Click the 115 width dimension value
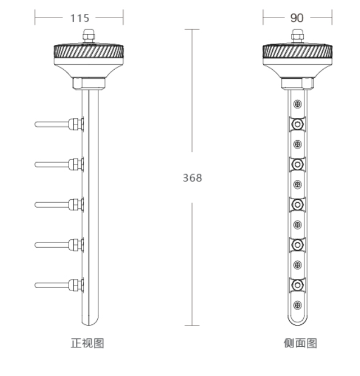(x=79, y=18)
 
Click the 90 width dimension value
(x=297, y=18)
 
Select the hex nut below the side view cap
(x=296, y=83)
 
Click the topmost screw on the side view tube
(x=298, y=104)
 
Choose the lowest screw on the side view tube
(x=298, y=305)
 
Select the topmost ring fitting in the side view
(x=297, y=124)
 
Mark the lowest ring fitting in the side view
(x=297, y=285)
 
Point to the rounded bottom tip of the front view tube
(x=91, y=323)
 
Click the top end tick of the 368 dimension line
(x=192, y=29)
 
